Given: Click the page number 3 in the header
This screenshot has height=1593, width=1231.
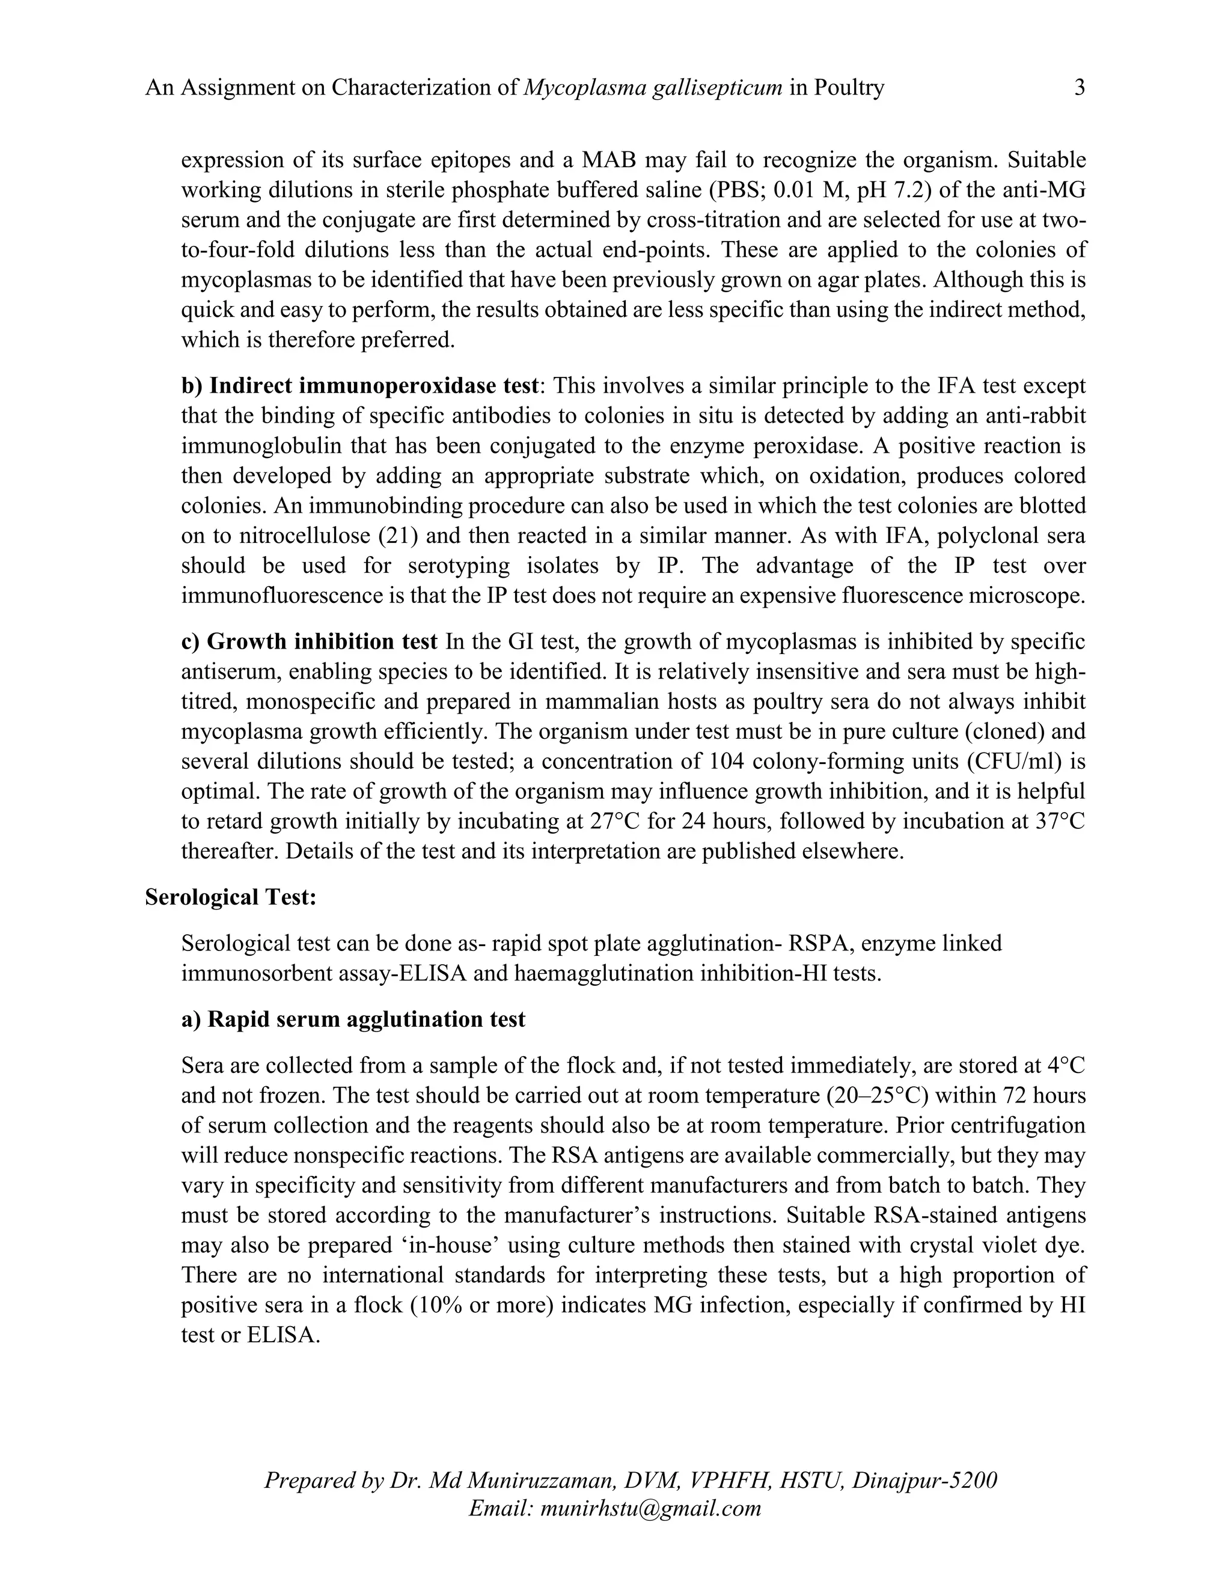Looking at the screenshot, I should pos(1080,88).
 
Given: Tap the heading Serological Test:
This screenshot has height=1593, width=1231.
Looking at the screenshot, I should pos(230,897).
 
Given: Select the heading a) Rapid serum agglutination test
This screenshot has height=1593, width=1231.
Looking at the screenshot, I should pos(353,1019).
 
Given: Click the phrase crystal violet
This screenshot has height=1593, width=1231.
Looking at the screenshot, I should pos(965,1245).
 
